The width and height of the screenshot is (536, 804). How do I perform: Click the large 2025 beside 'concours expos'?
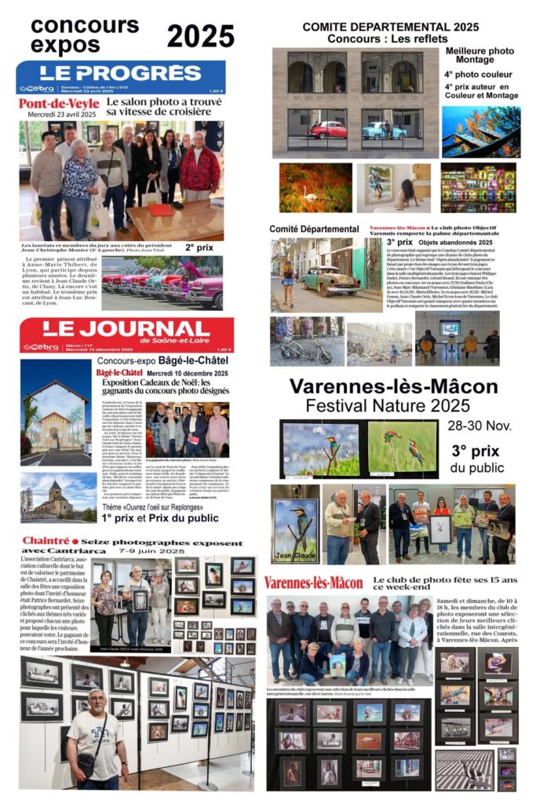coord(200,35)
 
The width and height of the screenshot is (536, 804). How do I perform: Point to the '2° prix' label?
coord(200,247)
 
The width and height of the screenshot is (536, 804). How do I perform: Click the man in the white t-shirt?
coord(95,733)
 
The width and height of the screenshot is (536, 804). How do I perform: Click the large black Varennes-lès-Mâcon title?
coord(393,386)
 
